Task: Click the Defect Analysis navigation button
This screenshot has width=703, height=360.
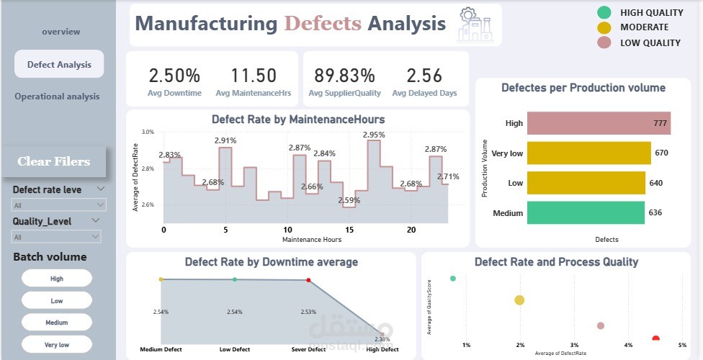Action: [59, 65]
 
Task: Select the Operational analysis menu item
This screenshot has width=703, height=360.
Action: [57, 96]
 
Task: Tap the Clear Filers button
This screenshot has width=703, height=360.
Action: [54, 161]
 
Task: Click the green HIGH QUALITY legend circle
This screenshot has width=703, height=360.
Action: [604, 12]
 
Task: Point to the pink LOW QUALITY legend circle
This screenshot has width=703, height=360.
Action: [604, 42]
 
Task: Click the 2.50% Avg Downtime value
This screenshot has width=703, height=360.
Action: [174, 76]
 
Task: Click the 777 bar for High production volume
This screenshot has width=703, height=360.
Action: [599, 123]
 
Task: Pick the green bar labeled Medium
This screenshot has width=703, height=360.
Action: [586, 212]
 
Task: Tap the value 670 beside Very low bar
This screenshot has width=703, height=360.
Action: [662, 153]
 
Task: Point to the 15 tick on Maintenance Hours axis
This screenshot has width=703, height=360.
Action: [350, 230]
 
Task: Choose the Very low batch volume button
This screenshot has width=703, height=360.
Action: [57, 345]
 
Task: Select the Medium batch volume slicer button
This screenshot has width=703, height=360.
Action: [57, 323]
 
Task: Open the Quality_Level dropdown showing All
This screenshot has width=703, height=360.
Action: [56, 237]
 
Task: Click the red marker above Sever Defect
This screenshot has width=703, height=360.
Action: [308, 280]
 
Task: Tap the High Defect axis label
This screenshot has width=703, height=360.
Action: [382, 349]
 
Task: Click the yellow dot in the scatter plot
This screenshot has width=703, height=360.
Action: [519, 300]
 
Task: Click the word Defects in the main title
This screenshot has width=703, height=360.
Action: [322, 23]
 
